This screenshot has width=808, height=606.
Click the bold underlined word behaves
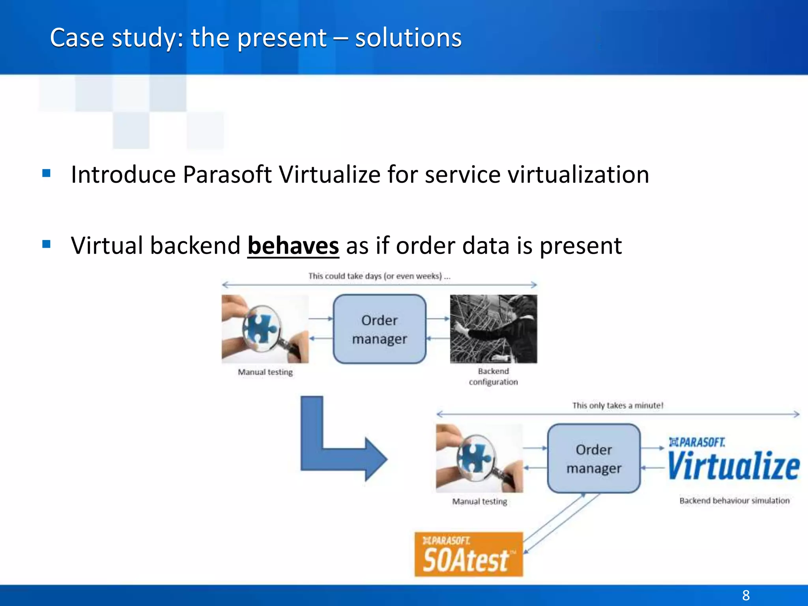point(293,246)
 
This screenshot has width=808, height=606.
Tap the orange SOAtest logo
point(468,554)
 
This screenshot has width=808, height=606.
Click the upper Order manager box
point(380,329)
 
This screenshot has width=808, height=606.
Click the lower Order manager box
point(594,458)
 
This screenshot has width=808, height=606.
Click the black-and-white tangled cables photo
point(493,329)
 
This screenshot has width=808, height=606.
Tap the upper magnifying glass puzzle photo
point(265,329)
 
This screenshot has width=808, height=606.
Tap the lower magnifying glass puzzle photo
point(479,458)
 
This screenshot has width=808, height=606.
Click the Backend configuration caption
point(493,376)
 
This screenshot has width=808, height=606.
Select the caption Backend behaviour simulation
point(734,501)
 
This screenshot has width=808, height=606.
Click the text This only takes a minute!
point(617,405)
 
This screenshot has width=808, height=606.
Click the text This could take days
point(379,276)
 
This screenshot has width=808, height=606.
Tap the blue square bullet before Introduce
point(47,173)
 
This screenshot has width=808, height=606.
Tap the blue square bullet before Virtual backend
point(47,244)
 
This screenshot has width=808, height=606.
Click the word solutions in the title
point(408,38)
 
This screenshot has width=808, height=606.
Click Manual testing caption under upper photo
point(265,372)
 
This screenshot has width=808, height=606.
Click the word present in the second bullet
point(580,246)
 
